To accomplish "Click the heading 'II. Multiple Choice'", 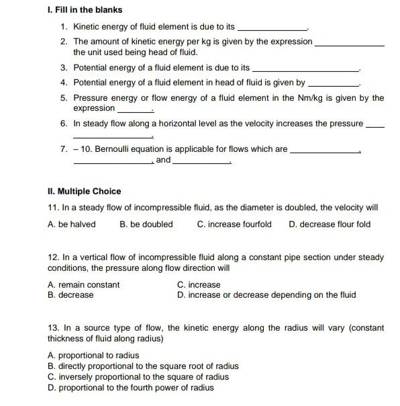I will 85,192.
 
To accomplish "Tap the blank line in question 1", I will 272,29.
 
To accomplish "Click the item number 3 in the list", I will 63,68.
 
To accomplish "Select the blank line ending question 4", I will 334,85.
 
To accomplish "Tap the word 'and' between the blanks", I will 163,161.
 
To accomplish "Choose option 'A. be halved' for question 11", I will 72,225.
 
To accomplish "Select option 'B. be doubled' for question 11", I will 146,225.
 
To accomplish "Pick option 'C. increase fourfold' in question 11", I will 234,225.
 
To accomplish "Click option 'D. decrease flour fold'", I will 329,225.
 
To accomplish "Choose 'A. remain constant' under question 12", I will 84,285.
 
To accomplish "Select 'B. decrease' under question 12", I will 71,295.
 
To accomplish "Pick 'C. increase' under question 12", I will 199,285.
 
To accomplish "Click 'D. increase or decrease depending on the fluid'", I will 266,295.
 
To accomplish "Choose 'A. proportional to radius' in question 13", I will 93,356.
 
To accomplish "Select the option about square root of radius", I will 143,366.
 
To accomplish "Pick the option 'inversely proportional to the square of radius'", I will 138,377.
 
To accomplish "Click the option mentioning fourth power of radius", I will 131,388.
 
